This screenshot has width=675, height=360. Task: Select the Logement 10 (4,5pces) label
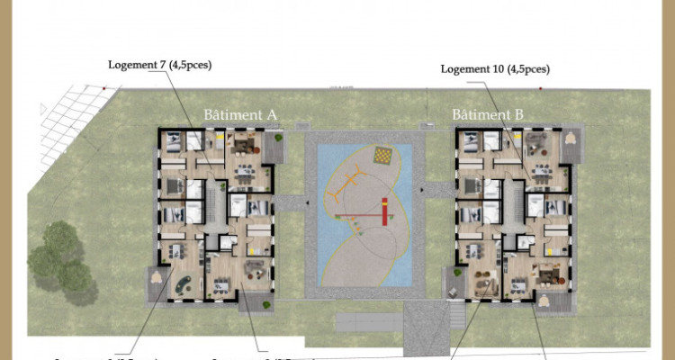coord(494,68)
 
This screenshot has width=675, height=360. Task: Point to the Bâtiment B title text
coord(486,115)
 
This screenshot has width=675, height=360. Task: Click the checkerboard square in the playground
coord(383,157)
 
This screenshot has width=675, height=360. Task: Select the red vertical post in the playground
coord(383,211)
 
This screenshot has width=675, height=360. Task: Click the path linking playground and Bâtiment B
coord(436,191)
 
